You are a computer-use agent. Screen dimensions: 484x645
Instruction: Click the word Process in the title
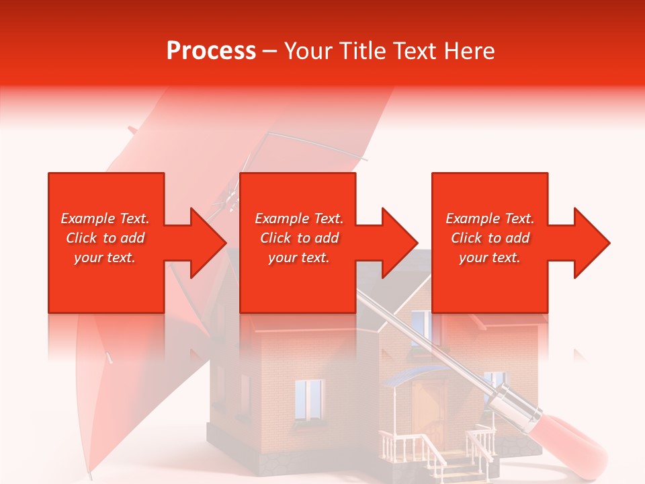coord(211,51)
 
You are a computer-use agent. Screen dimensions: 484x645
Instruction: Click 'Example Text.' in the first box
coord(105,218)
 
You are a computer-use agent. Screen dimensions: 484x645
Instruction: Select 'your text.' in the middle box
coord(298,257)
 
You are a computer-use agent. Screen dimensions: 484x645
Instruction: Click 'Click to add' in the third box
coord(490,238)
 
